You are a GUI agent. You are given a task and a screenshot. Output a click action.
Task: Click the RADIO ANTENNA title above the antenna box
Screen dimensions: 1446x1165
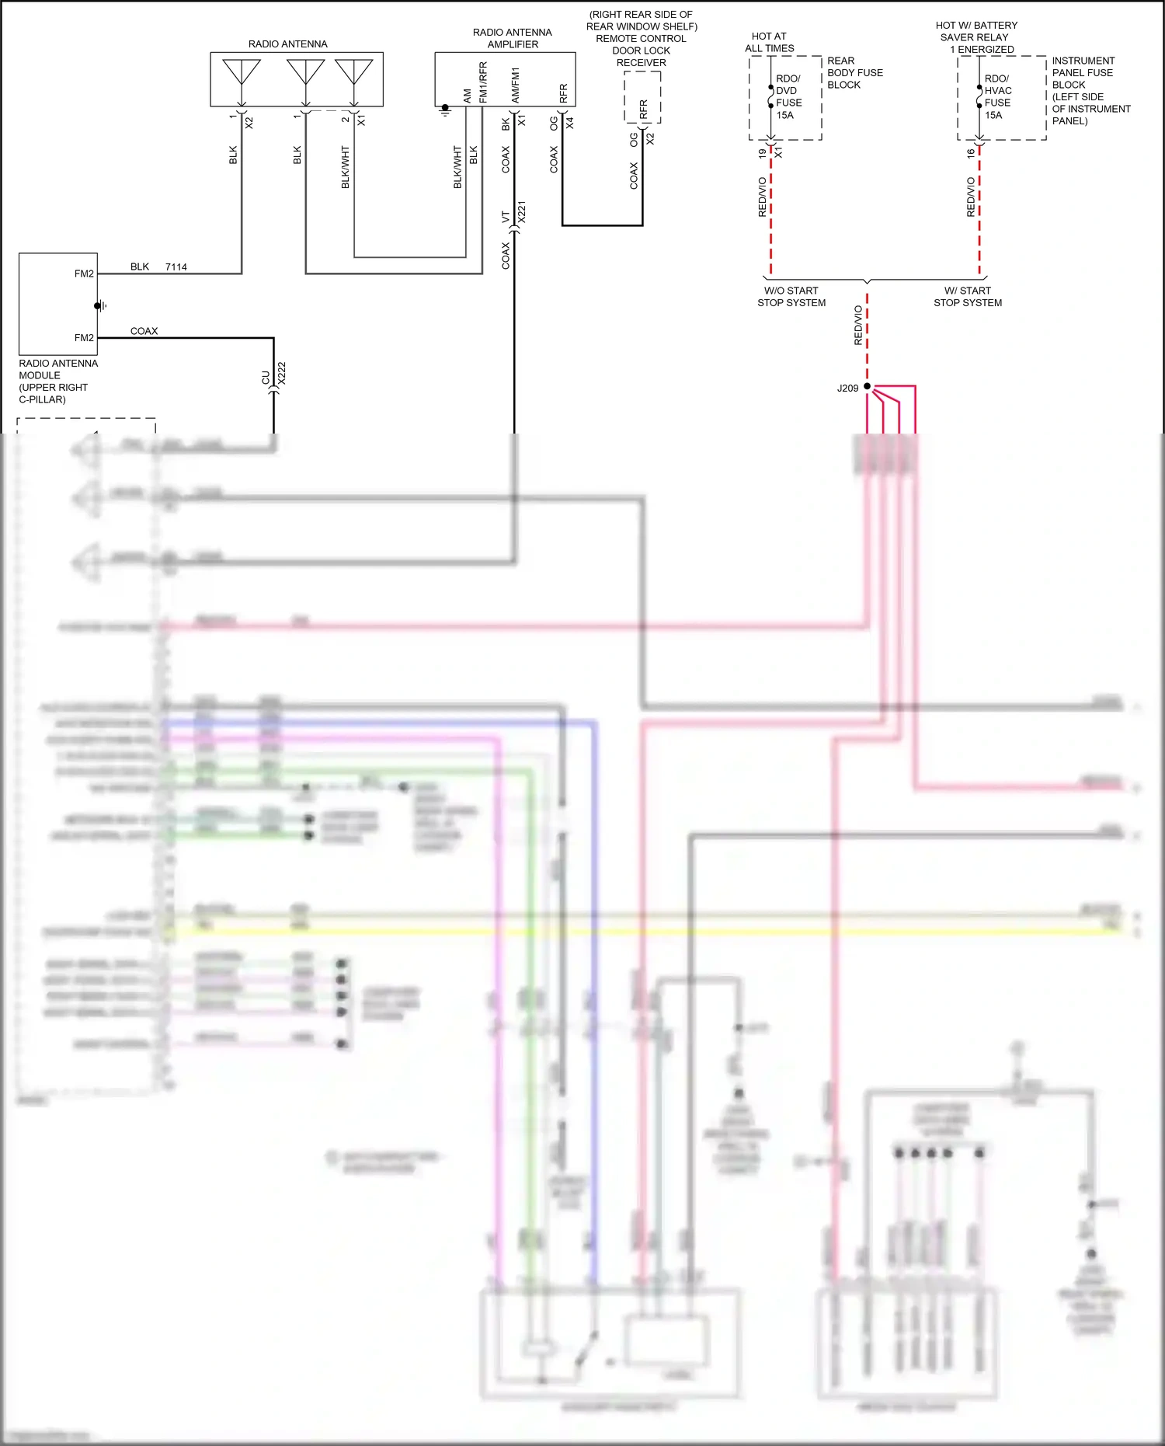287,44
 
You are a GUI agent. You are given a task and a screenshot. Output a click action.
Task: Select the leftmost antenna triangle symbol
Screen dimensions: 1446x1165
242,71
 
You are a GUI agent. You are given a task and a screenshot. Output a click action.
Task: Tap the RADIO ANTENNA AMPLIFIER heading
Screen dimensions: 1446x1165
513,38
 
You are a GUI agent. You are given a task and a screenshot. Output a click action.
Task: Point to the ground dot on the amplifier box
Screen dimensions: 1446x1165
445,108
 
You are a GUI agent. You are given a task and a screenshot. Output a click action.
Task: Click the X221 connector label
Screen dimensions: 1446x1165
522,212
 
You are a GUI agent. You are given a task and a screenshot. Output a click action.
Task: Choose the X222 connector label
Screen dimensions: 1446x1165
282,373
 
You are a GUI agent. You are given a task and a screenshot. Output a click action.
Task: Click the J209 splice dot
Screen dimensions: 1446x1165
867,386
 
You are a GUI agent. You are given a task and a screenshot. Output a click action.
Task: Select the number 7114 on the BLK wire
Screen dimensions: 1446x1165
176,267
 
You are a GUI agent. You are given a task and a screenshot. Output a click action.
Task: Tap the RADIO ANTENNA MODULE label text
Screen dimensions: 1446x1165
58,381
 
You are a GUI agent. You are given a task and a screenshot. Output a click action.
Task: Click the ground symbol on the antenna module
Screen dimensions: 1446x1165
100,306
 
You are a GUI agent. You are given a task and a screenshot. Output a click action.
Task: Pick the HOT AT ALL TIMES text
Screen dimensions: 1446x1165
769,42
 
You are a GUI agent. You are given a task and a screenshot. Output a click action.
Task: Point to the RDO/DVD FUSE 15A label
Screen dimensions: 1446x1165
788,97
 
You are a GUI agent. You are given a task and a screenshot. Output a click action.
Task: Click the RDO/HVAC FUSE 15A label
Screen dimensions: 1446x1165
997,97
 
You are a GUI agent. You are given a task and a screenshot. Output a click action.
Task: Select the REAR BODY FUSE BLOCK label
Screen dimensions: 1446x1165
854,72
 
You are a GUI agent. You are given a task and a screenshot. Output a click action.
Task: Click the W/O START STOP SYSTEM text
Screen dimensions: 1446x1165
791,297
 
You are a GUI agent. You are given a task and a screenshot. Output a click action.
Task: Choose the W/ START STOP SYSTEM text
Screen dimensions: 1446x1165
968,297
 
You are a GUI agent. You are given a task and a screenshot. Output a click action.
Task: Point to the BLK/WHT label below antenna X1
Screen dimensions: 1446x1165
346,167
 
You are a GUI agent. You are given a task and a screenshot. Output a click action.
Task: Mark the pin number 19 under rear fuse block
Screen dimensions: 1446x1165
762,154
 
